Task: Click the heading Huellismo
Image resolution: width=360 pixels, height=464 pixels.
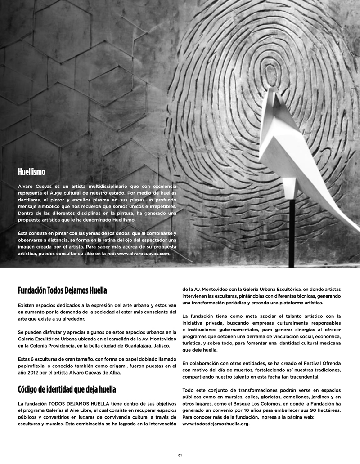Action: pyautogui.click(x=31, y=171)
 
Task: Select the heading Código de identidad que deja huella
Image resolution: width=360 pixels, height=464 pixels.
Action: pyautogui.click(x=67, y=388)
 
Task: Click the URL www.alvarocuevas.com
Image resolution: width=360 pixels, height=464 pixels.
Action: pyautogui.click(x=144, y=254)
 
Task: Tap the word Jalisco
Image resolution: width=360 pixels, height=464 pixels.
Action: pyautogui.click(x=144, y=345)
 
